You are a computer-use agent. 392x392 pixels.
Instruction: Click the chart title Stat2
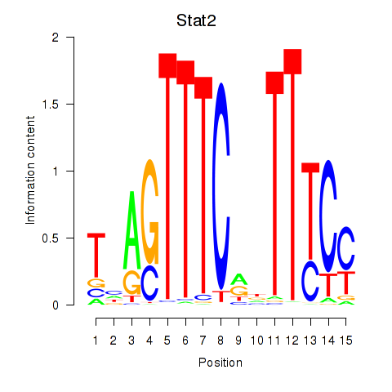[x=196, y=20]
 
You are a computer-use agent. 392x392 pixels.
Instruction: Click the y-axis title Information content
[x=30, y=171]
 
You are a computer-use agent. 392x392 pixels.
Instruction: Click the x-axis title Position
[x=220, y=363]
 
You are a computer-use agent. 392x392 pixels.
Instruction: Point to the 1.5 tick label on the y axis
[x=51, y=105]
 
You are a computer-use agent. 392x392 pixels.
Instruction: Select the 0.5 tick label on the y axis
[x=51, y=238]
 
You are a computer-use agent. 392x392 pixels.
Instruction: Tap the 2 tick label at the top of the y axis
[x=56, y=38]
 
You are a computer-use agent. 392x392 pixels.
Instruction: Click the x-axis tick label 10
[x=257, y=341]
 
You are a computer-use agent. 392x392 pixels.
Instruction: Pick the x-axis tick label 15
[x=346, y=341]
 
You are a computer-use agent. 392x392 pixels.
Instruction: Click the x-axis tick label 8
[x=220, y=341]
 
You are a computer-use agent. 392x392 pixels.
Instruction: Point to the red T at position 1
[x=96, y=255]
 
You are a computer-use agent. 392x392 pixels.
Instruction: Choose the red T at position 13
[x=310, y=211]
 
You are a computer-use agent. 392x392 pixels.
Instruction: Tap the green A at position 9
[x=238, y=279]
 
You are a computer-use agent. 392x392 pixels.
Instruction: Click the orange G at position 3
[x=131, y=283]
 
